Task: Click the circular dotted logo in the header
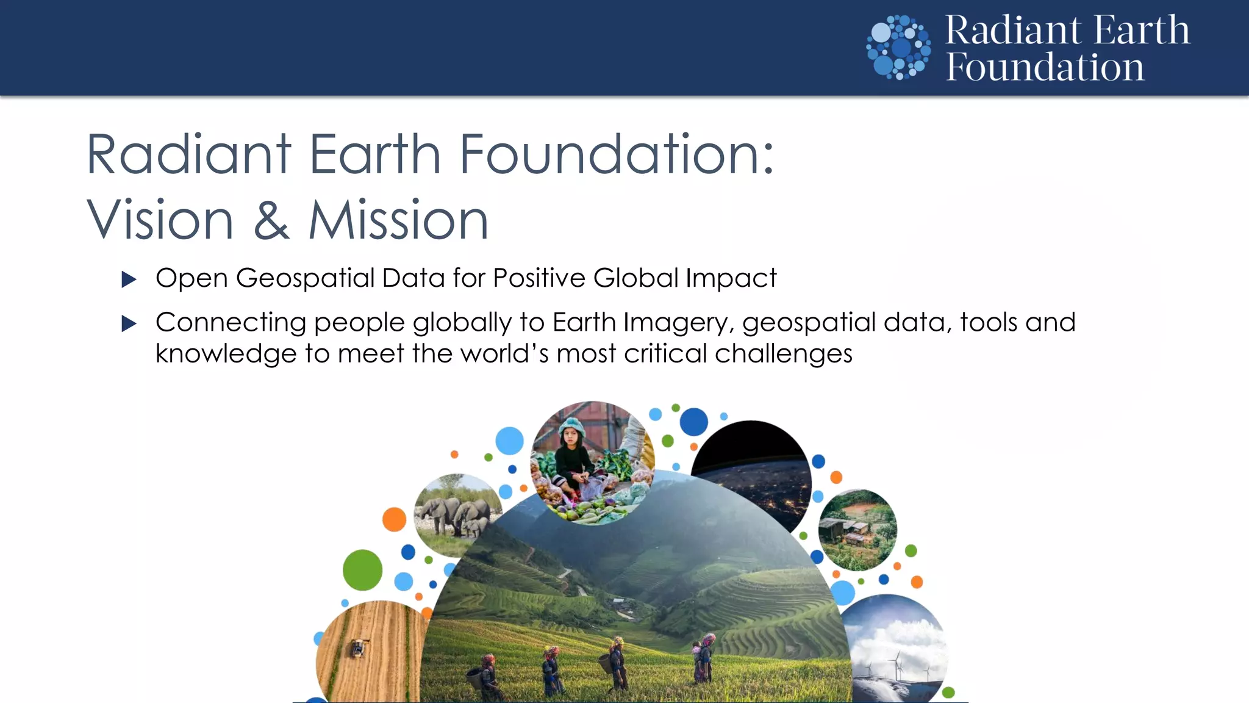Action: (x=898, y=48)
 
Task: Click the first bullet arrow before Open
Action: (x=129, y=279)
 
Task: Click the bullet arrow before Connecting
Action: (x=129, y=323)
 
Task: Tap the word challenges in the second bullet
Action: (x=783, y=354)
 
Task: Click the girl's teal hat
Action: (x=571, y=425)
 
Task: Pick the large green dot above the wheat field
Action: (x=362, y=570)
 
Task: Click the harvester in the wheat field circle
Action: (x=358, y=647)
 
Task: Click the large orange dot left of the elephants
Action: (x=394, y=519)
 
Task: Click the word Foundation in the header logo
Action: (x=1045, y=67)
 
